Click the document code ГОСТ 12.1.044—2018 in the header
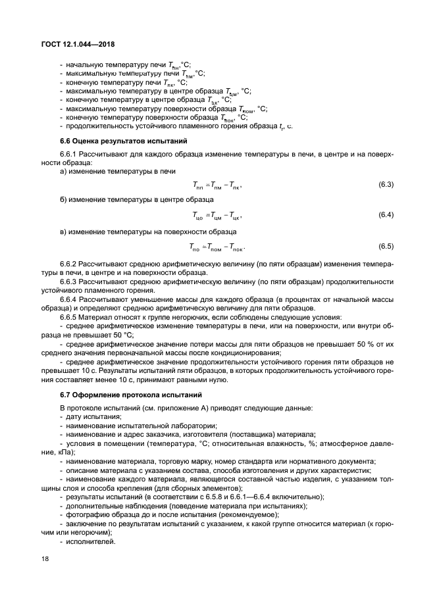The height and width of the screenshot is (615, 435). tap(78, 44)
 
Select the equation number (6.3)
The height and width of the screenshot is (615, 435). tap(386, 184)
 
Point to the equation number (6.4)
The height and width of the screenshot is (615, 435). tap(386, 215)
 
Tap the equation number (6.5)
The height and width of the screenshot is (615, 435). tap(386, 247)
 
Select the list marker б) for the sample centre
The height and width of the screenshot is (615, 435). tap(64, 199)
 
